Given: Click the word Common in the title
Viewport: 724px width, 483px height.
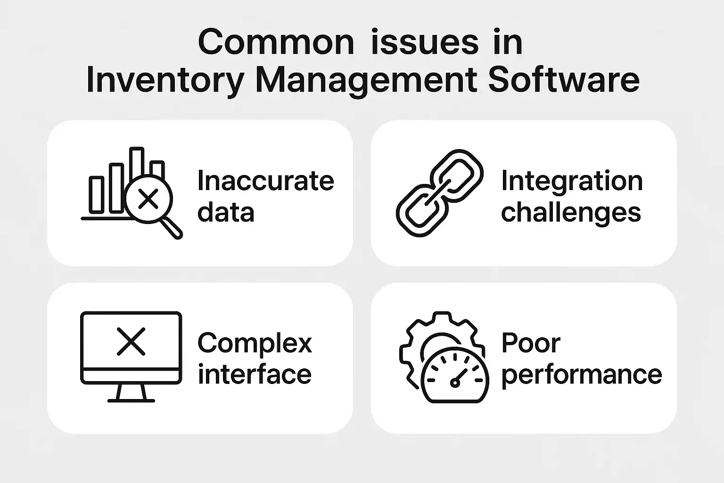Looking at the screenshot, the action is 276,42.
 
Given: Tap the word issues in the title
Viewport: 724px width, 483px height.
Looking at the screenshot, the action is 425,42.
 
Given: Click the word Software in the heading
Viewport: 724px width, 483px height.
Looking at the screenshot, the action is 564,79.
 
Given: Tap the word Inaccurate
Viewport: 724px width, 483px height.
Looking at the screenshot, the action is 266,181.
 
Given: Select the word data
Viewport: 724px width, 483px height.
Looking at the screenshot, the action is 226,212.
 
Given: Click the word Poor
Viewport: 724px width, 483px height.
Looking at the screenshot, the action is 531,342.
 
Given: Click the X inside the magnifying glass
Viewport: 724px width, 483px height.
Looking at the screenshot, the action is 148,199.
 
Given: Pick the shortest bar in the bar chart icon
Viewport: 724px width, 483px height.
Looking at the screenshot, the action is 96,195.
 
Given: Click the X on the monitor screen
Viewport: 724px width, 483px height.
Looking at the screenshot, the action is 131,341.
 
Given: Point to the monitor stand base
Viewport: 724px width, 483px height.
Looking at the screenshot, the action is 131,401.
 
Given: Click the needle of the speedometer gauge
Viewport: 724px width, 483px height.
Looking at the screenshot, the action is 459,377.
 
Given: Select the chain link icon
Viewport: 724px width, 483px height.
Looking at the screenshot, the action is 440,193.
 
